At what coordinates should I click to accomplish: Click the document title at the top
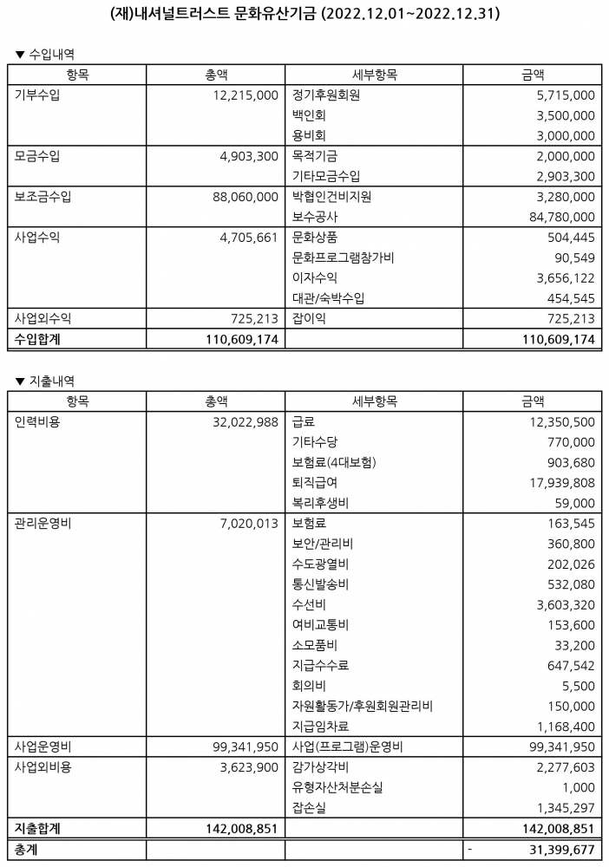(305, 15)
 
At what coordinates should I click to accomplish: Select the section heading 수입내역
(51, 54)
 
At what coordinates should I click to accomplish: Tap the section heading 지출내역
(51, 380)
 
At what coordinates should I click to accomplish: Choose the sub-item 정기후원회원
(326, 95)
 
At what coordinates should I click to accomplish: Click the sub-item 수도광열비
(322, 564)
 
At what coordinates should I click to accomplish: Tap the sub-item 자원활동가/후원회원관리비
(363, 706)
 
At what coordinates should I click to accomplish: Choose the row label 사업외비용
(43, 767)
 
